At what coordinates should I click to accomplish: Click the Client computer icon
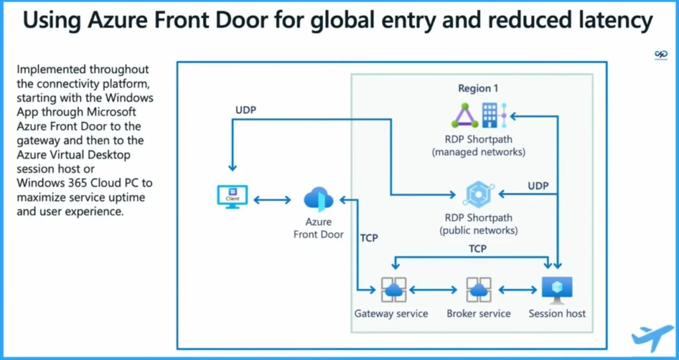233,197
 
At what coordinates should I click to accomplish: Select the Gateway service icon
393,290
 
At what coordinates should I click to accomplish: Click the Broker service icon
478,290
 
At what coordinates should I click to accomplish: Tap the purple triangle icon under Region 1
465,117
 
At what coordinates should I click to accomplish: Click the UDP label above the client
246,109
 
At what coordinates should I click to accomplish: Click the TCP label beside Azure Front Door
368,237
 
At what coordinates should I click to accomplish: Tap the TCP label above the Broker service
477,249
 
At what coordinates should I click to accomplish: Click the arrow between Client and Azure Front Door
272,200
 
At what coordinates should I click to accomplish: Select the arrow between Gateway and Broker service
435,290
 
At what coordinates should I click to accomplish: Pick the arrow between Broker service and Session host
518,290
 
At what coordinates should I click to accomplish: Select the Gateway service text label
391,314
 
